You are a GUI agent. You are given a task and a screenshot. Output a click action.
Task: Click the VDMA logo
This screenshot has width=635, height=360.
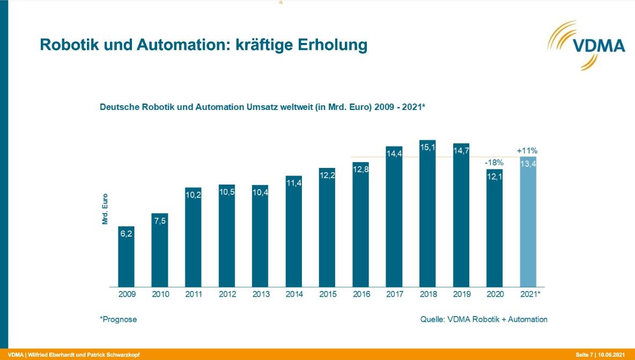(590, 45)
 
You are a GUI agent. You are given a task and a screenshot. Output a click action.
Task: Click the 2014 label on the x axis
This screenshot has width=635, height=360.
(294, 294)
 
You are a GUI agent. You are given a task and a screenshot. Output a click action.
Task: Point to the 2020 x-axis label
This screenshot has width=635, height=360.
(494, 294)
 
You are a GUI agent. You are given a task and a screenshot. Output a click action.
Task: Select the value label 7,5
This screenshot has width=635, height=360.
(160, 221)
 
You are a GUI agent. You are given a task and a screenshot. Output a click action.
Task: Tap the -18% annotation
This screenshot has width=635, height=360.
(494, 162)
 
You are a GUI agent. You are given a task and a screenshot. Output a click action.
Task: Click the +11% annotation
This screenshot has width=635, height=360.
(528, 151)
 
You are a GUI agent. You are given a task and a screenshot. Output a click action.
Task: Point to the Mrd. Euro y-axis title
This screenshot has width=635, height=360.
(105, 209)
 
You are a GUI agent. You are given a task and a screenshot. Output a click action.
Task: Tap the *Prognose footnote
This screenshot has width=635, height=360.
(119, 319)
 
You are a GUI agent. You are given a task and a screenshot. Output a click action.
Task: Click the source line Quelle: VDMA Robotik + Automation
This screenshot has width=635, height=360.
(484, 319)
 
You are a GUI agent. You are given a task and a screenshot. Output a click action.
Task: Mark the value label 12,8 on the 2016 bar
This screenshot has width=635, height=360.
(360, 170)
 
